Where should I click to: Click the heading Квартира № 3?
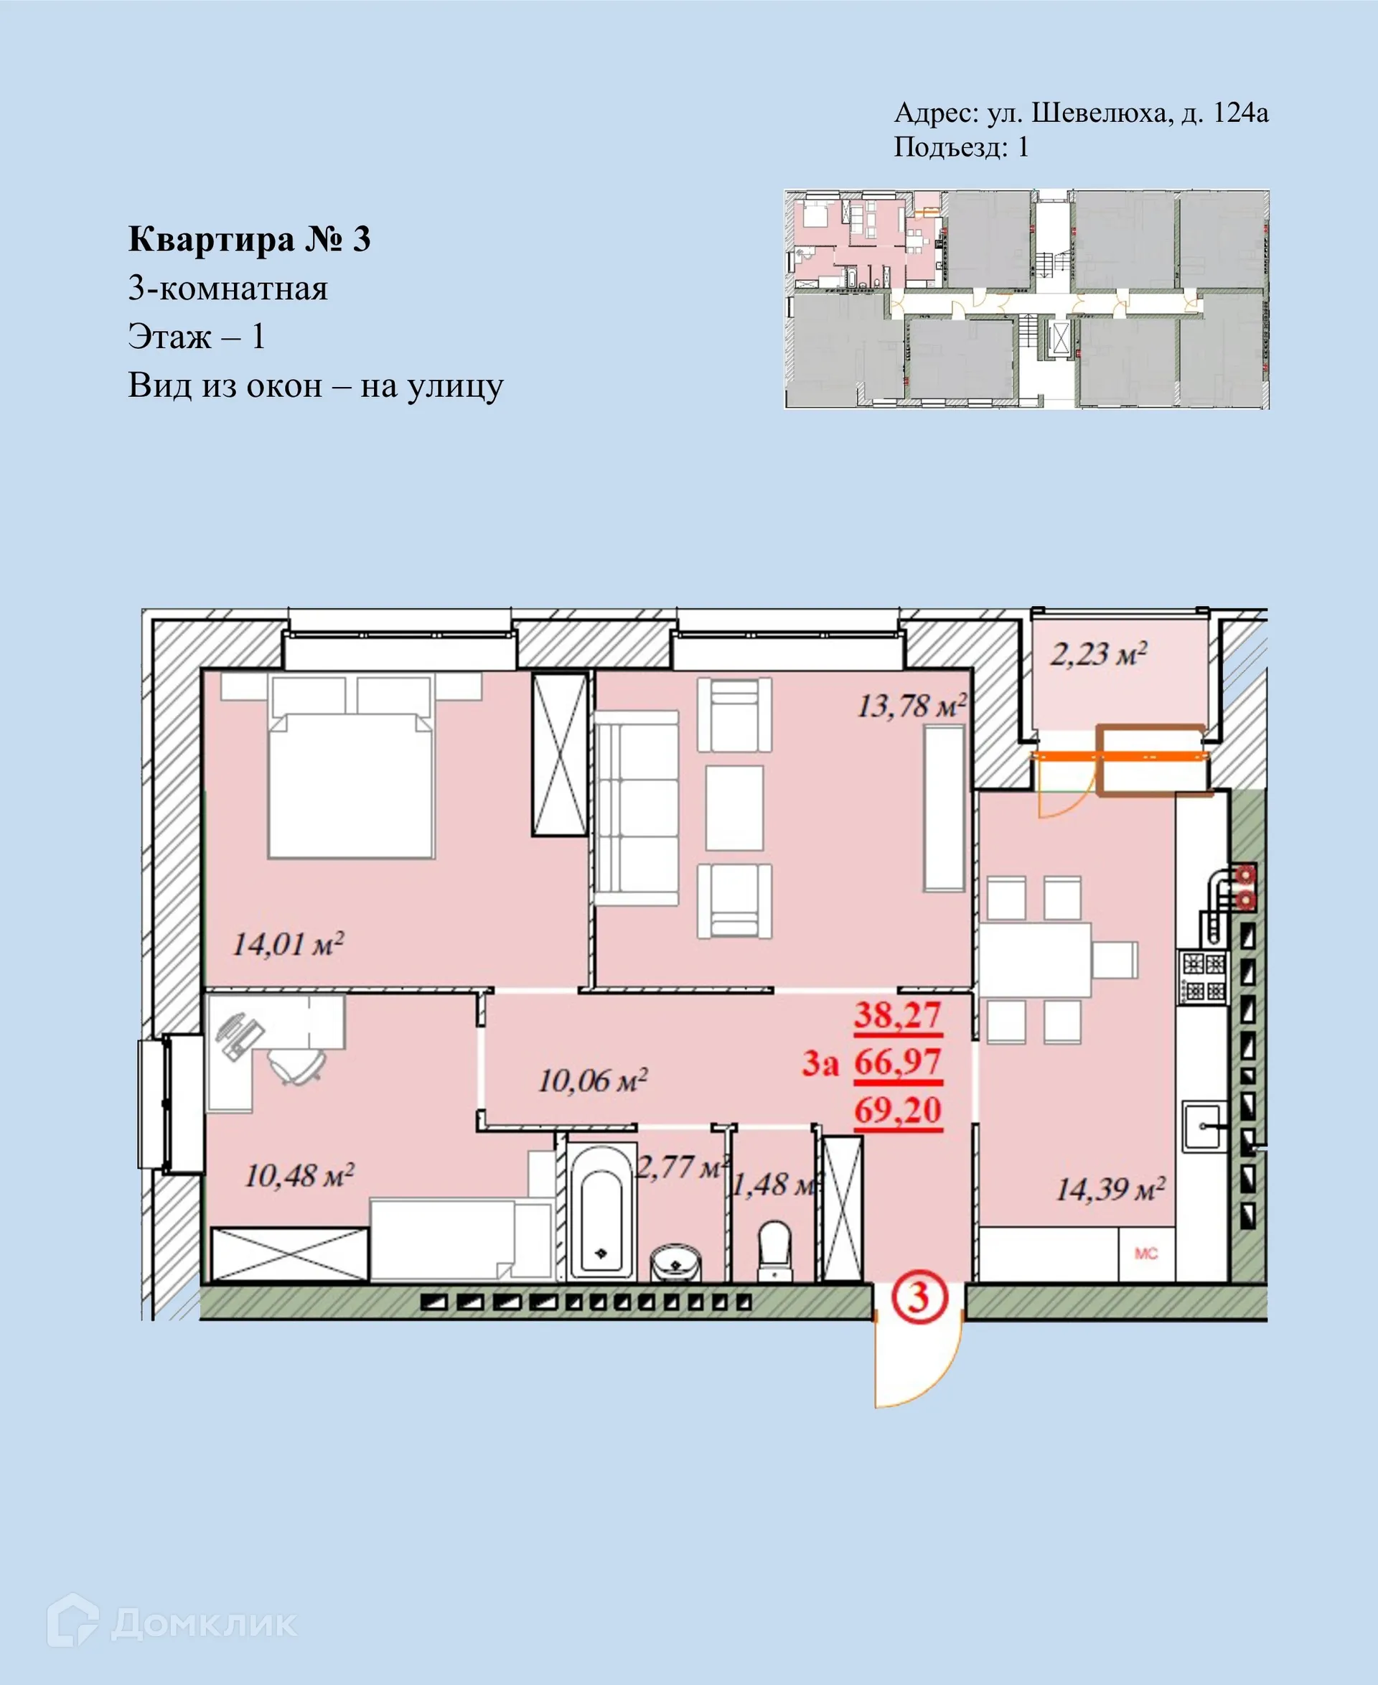[x=249, y=239]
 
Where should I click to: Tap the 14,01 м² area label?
[x=287, y=944]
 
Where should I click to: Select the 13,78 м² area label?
[x=911, y=705]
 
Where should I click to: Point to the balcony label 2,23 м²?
[x=1099, y=654]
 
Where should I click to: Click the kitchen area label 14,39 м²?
[x=1110, y=1190]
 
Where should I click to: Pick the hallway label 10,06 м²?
[x=592, y=1080]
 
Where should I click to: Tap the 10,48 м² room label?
[x=299, y=1176]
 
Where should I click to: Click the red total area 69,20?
[x=898, y=1110]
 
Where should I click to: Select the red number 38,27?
[x=898, y=1016]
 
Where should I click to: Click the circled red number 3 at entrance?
[x=918, y=1297]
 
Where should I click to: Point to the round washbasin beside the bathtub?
[x=675, y=1260]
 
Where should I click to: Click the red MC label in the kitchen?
[x=1146, y=1253]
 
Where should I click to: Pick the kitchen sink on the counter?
[x=1204, y=1125]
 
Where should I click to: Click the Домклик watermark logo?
[x=172, y=1624]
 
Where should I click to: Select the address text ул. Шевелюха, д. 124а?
[x=1128, y=113]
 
